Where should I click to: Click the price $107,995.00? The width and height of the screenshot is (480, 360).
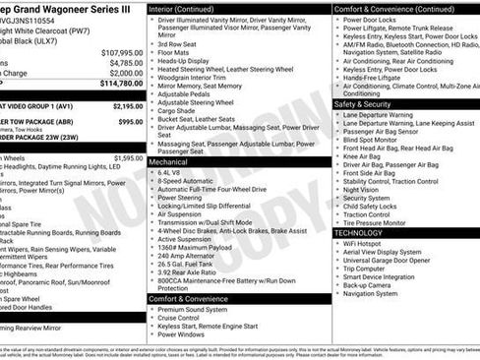[x=122, y=52]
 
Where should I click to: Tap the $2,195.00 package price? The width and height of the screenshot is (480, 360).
[x=127, y=105]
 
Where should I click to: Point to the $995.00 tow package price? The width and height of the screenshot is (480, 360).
[x=130, y=122]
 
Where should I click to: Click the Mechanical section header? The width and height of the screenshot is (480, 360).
[x=168, y=161]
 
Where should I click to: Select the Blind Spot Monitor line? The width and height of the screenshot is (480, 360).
[x=371, y=139]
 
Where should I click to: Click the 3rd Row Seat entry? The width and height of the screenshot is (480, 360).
[x=177, y=43]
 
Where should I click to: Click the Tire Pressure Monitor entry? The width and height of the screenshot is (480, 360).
[x=377, y=222]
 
